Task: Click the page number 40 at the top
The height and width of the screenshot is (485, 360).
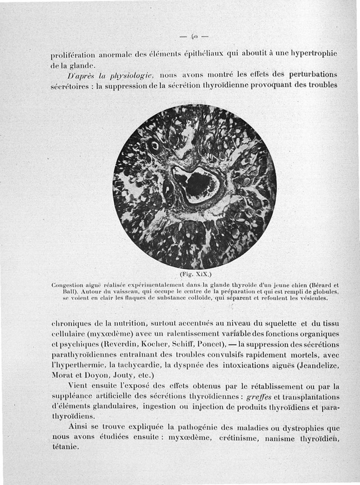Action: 194,36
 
